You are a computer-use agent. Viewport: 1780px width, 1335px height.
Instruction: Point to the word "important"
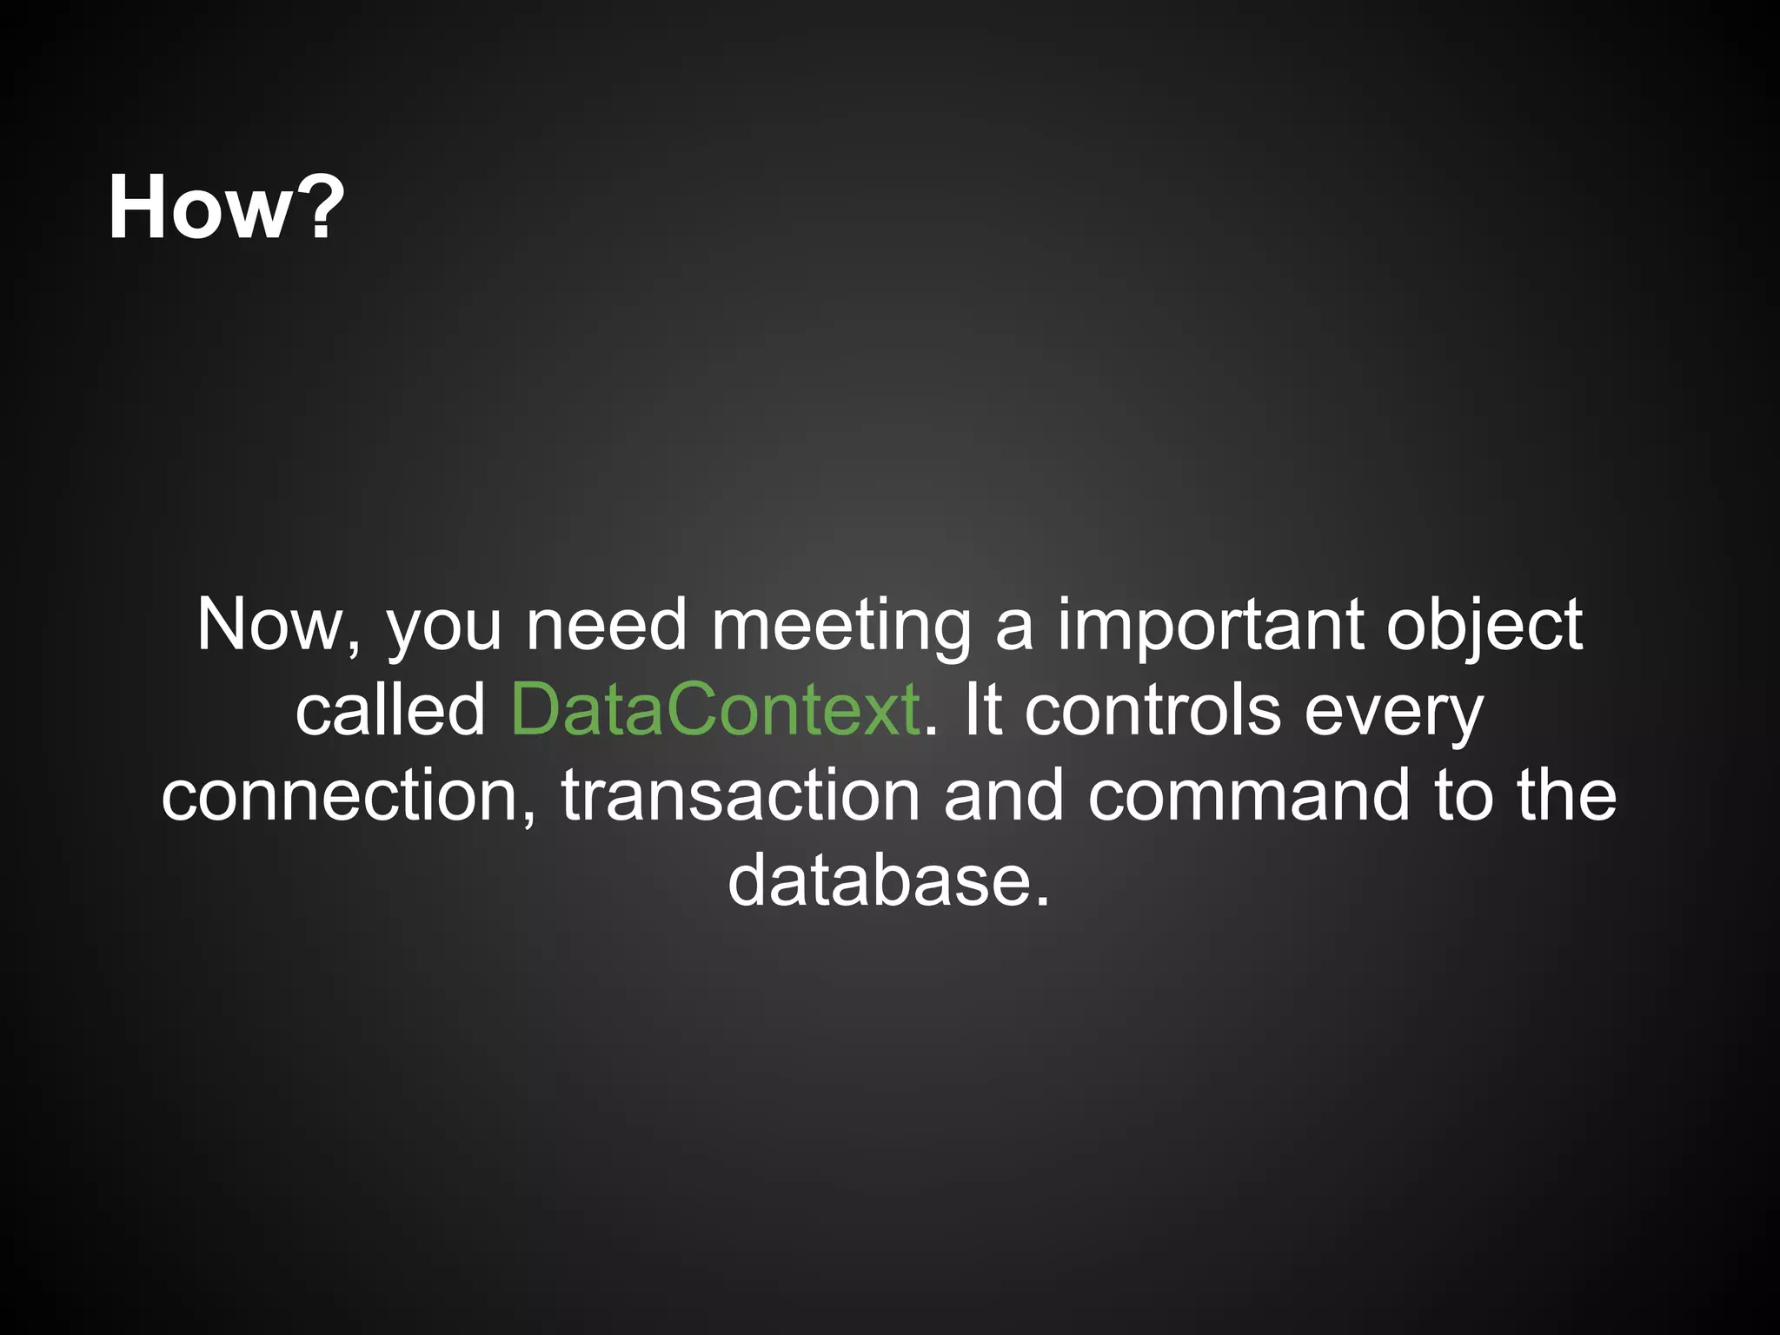[x=1210, y=626]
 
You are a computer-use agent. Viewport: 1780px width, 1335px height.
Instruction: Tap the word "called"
[x=390, y=709]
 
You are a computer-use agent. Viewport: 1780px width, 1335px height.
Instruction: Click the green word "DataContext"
[x=715, y=709]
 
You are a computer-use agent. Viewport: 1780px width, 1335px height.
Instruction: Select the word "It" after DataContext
[x=982, y=709]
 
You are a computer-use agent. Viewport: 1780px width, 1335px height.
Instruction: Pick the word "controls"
[x=1152, y=709]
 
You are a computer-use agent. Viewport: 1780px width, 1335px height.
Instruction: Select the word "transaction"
[x=741, y=794]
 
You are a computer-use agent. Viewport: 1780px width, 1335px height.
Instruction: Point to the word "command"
[x=1249, y=794]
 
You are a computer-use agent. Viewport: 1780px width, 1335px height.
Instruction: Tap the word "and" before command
[x=1004, y=794]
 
